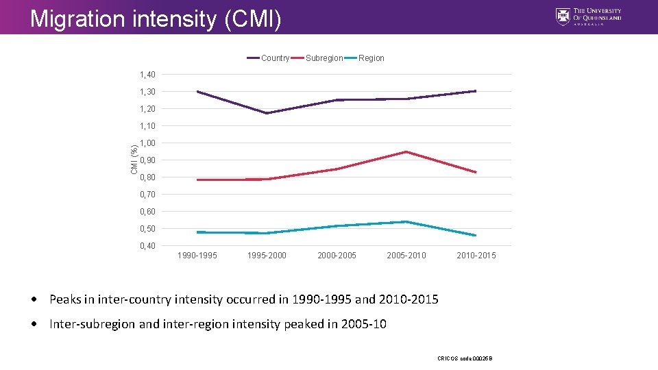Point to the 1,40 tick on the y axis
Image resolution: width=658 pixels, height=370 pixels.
click(147, 75)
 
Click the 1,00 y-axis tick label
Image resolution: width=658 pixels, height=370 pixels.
click(147, 143)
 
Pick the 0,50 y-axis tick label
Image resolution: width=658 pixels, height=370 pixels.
click(147, 229)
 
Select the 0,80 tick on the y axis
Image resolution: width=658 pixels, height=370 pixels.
click(147, 177)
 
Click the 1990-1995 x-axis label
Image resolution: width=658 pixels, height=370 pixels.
click(197, 256)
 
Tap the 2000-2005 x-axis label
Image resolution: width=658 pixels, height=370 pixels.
click(337, 256)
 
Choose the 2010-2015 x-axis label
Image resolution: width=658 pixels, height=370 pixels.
click(476, 256)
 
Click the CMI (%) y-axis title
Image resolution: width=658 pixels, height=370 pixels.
click(134, 158)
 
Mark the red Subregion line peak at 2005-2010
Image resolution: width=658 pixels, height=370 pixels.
click(406, 151)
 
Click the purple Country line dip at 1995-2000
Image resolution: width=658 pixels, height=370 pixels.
click(267, 113)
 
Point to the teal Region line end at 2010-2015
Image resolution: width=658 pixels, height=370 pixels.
click(476, 236)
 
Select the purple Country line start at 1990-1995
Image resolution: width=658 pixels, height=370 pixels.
click(197, 91)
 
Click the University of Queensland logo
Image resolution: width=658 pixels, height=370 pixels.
click(589, 16)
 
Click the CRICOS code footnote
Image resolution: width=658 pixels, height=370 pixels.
click(465, 358)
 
